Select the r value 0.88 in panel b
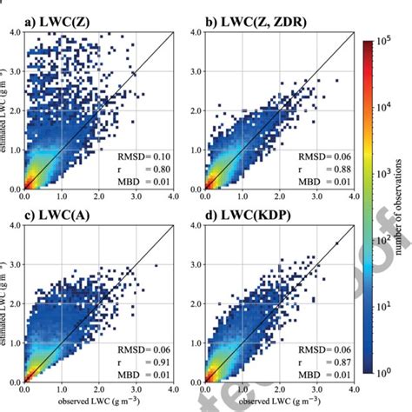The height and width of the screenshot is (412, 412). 338,168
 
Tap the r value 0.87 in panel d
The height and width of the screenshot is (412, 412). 338,362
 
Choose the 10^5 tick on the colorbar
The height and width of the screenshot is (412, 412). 391,41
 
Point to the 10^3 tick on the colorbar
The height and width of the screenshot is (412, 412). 391,175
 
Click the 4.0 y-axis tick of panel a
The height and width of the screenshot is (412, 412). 15,32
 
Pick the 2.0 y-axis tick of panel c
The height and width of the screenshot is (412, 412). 15,304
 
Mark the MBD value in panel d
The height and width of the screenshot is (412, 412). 338,375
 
